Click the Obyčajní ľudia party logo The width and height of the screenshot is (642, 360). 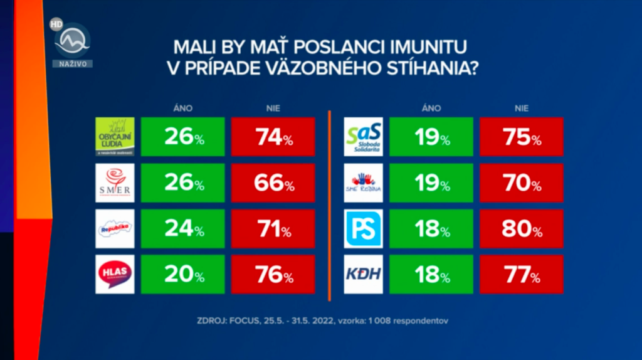click(114, 137)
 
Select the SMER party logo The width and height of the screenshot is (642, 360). click(114, 183)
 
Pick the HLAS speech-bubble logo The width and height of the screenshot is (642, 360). click(114, 275)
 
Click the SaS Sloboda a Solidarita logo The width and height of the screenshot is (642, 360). click(364, 137)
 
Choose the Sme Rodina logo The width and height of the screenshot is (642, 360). click(364, 183)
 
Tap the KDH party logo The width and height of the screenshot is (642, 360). click(364, 275)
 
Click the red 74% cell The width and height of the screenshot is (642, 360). click(273, 137)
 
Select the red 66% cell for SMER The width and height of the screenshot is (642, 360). click(273, 184)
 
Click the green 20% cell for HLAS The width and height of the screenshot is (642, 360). click(183, 275)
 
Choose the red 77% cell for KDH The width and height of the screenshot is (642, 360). click(521, 275)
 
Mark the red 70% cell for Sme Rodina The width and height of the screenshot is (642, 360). click(521, 184)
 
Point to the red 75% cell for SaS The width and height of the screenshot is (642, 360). click(521, 137)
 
